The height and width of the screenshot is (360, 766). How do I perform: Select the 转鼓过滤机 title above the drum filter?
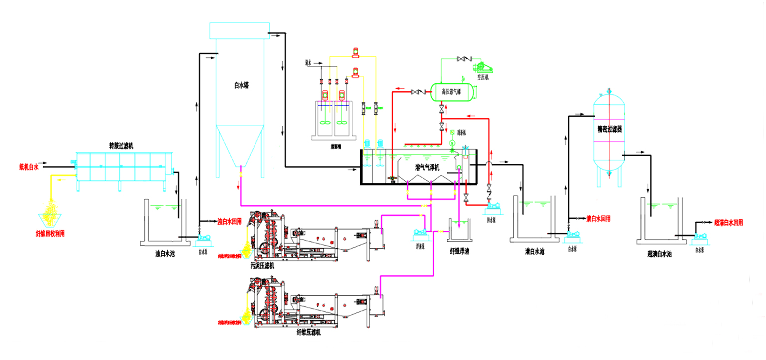[121, 146]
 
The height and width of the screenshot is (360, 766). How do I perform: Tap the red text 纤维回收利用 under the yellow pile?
[50, 233]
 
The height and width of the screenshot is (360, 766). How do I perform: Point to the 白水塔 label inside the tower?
[241, 85]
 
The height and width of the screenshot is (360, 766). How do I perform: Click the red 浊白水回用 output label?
[230, 221]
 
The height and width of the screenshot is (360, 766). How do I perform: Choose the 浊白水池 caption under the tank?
[165, 254]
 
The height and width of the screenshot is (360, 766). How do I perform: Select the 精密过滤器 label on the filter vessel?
[609, 129]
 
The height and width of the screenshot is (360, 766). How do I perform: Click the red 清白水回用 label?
[598, 219]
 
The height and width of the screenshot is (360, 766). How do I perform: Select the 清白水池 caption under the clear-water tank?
[534, 252]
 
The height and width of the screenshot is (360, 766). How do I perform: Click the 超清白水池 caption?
[660, 254]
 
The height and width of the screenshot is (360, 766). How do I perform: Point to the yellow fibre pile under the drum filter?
[50, 210]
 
